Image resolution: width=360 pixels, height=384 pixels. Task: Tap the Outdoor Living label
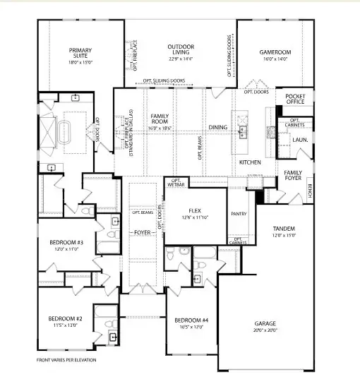click(181, 52)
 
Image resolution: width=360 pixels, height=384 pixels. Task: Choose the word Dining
click(217, 128)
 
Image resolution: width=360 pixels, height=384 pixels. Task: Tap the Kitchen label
click(250, 162)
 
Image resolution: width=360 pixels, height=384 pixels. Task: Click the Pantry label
click(237, 212)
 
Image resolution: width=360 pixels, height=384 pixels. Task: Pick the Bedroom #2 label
click(66, 321)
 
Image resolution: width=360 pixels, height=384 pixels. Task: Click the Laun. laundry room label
click(300, 140)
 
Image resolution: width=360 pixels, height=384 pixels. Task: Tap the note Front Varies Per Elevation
click(68, 360)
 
